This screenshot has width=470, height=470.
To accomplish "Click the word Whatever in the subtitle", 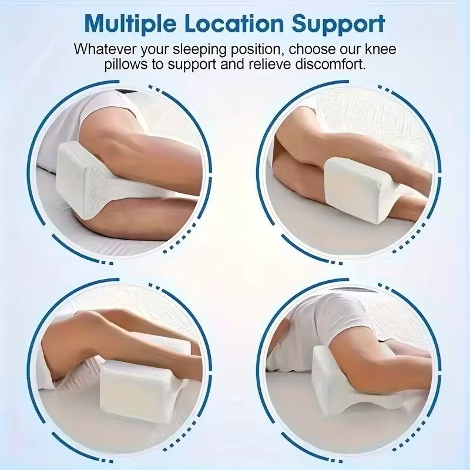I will click(103, 49).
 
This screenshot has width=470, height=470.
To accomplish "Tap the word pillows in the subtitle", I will click(127, 64).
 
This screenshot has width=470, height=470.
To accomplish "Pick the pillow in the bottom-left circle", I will click(141, 382).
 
